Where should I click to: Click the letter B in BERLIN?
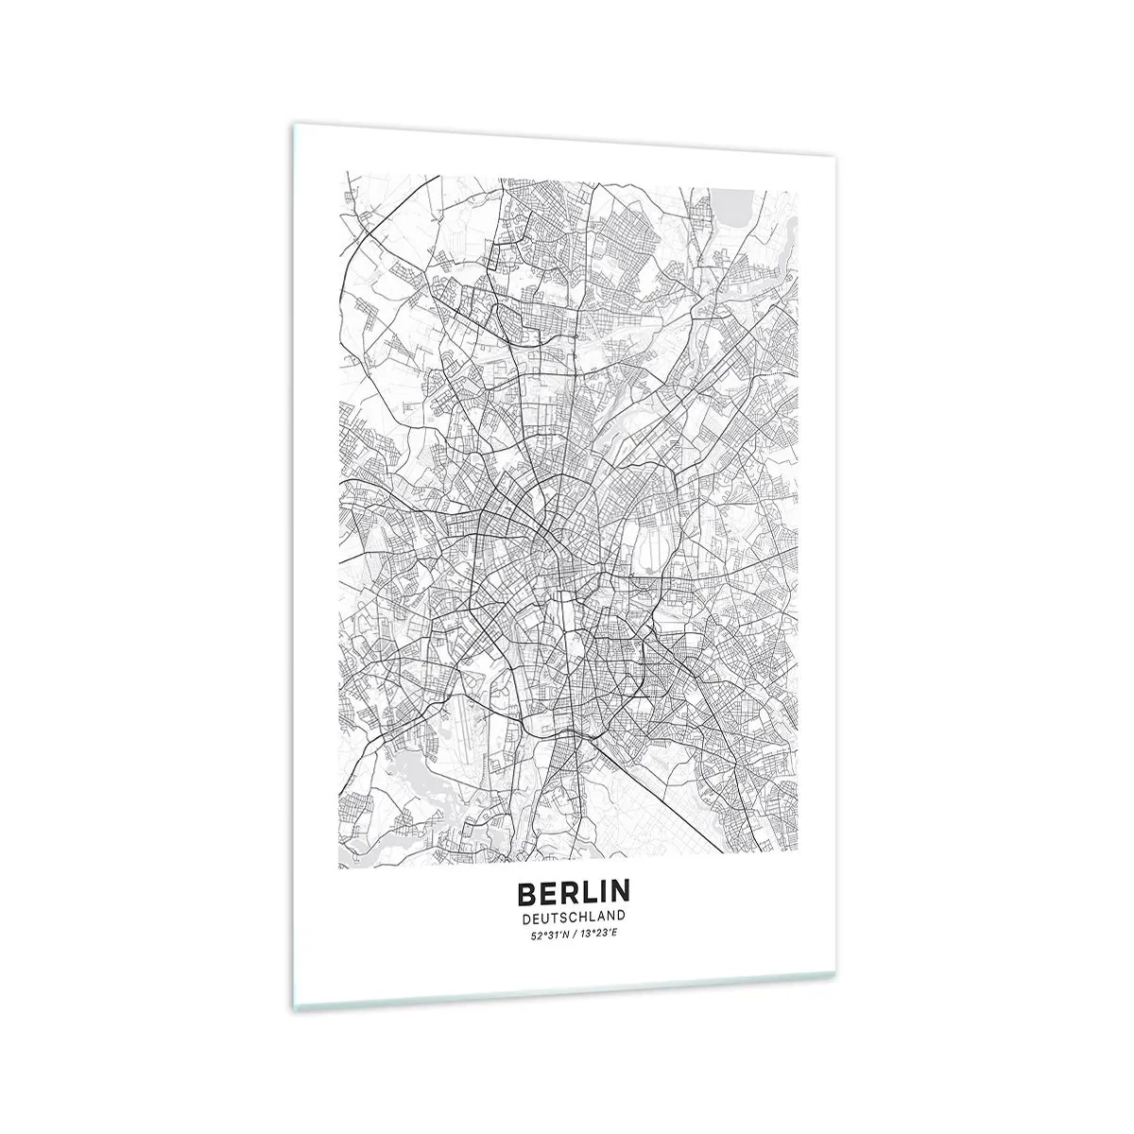[525, 892]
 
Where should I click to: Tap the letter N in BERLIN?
[620, 892]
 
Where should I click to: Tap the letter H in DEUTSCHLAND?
[589, 916]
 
